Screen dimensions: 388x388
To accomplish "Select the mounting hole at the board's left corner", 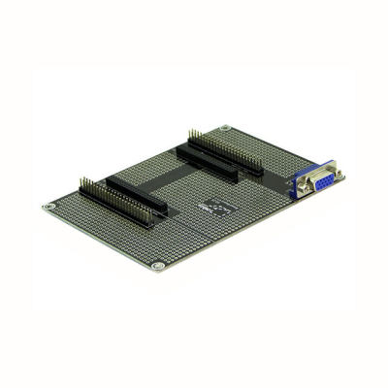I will [x=48, y=207].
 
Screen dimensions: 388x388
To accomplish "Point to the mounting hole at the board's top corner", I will [x=225, y=128].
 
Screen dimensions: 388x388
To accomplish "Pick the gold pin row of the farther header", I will [x=229, y=145].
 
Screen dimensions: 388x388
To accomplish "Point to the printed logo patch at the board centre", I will [x=214, y=207].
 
